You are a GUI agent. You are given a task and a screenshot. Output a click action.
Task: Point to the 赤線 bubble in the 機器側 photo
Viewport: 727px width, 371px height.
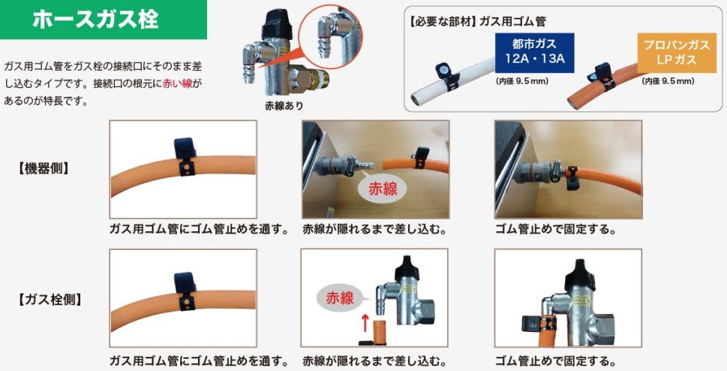[x=382, y=189]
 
